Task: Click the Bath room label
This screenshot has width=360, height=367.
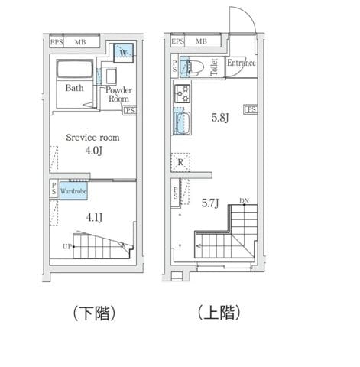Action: (74, 88)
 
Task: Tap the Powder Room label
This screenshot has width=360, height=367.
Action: (118, 95)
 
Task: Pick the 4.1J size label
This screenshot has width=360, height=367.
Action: (94, 217)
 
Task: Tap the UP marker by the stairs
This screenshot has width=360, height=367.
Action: (67, 246)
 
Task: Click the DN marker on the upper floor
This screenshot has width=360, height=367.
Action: (243, 201)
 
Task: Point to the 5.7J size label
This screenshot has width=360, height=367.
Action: (211, 203)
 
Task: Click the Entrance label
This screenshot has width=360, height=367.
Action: (241, 63)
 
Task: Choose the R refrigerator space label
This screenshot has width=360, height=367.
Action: (180, 162)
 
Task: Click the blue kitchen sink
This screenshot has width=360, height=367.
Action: (180, 122)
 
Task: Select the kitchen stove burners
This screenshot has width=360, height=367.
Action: (183, 95)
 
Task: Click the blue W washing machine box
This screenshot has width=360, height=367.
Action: (124, 53)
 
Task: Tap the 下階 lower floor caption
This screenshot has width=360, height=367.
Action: (93, 313)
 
